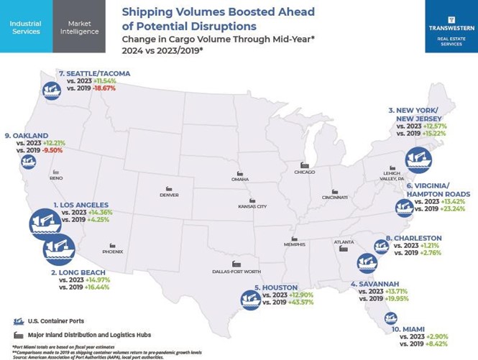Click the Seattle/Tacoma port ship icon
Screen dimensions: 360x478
coord(52,90)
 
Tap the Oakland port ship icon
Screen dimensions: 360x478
coord(28,161)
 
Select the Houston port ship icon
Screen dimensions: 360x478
coord(251,300)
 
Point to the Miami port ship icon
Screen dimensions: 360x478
coord(390,317)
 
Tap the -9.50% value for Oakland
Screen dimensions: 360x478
coord(53,151)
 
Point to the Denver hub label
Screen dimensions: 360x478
coord(169,195)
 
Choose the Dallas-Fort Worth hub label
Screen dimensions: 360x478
coord(236,272)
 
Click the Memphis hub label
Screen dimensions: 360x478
coord(294,244)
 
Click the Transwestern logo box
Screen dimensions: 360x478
coord(451,25)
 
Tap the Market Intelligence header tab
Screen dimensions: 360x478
coord(79,27)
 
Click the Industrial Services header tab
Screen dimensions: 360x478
coord(25,27)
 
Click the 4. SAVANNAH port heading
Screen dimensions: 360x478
coord(374,284)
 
